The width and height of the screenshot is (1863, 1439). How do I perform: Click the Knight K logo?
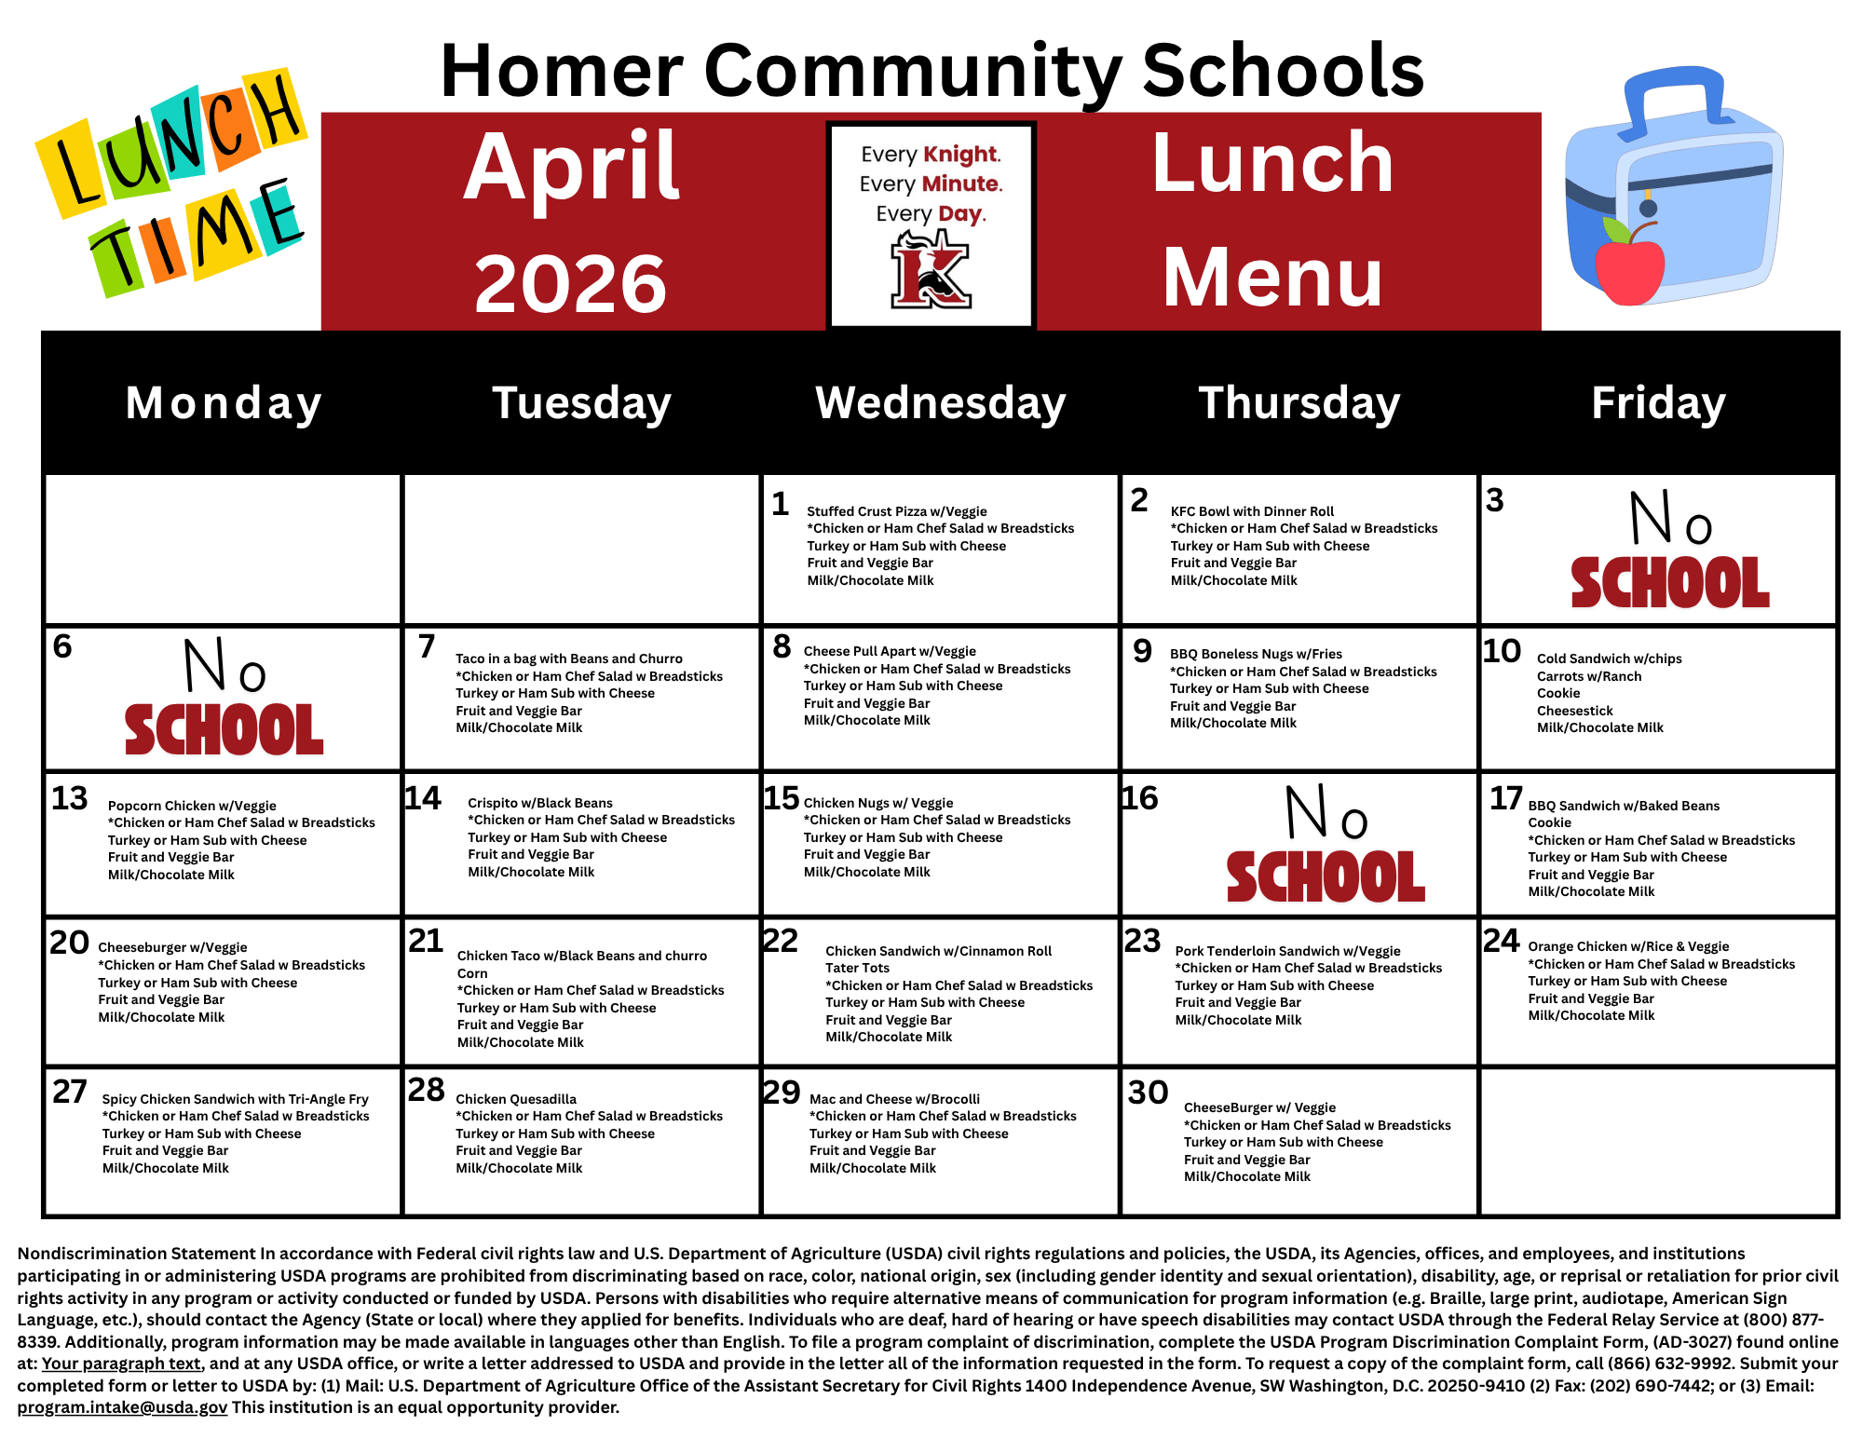click(x=931, y=270)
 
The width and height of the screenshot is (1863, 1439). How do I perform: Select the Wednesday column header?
click(x=940, y=403)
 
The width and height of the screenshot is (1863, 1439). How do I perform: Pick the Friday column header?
click(x=1658, y=403)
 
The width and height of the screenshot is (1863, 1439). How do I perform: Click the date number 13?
click(x=70, y=798)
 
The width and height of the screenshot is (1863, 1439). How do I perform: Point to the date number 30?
click(x=1148, y=1092)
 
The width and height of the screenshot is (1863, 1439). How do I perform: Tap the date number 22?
click(x=781, y=941)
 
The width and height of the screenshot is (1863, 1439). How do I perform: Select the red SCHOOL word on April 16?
click(x=1326, y=876)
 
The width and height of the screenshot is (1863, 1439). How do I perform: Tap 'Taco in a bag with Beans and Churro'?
click(x=569, y=658)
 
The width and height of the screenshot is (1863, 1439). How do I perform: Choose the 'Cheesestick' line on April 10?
click(x=1574, y=711)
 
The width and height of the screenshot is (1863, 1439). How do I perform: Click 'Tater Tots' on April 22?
click(x=857, y=968)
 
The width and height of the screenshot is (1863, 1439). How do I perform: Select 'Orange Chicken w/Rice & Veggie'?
click(x=1628, y=946)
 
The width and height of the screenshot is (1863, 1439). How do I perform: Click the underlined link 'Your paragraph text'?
click(x=121, y=1364)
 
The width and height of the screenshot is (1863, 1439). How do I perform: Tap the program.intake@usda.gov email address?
click(x=122, y=1407)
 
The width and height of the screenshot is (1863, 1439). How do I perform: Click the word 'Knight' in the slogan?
click(x=961, y=155)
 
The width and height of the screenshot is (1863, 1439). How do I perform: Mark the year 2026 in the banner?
click(x=570, y=283)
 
